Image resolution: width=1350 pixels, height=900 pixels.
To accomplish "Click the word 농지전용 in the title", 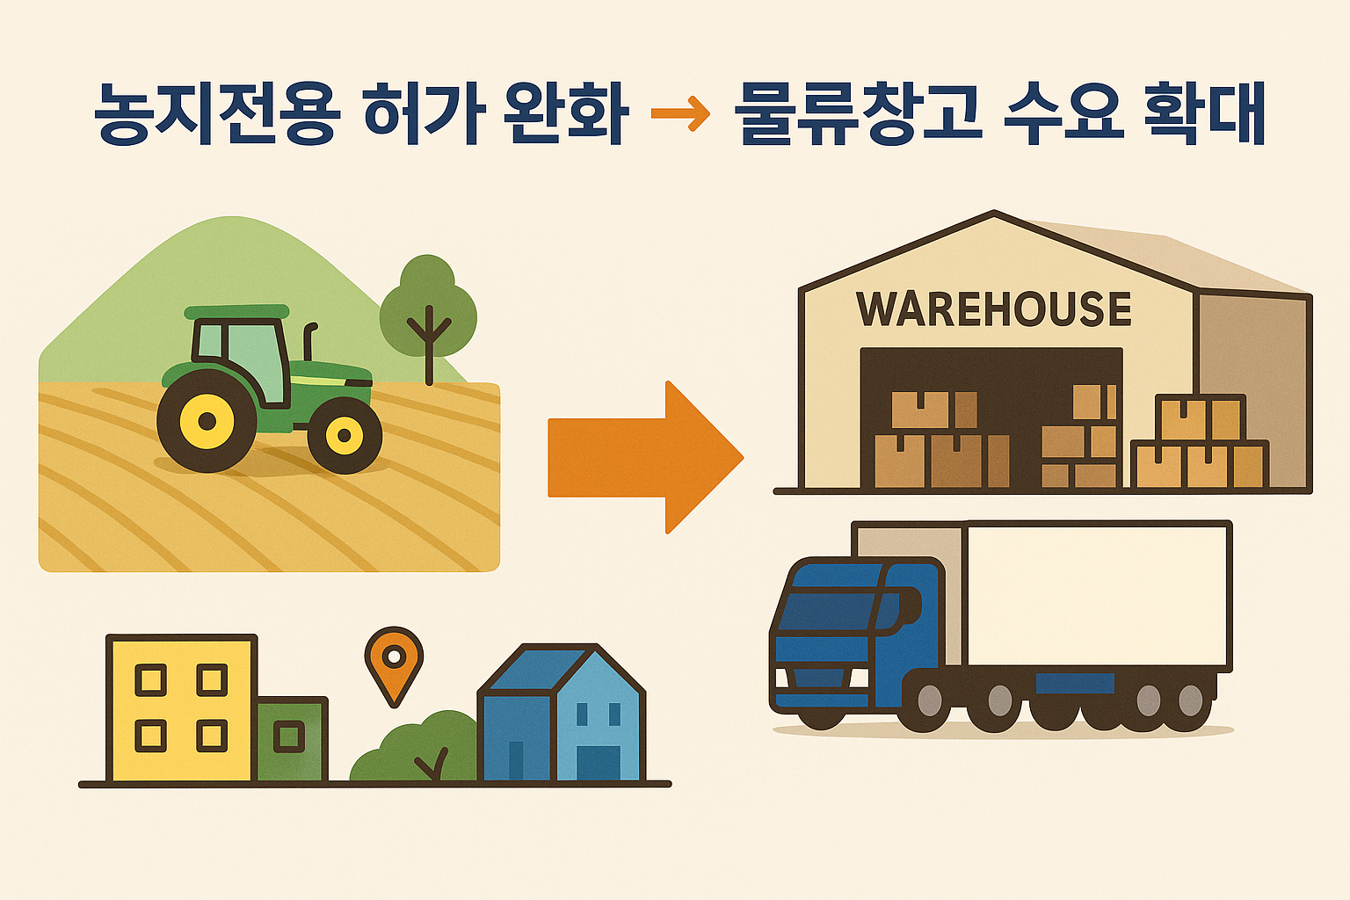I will [214, 114].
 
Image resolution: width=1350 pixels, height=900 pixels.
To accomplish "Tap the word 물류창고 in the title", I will [859, 114].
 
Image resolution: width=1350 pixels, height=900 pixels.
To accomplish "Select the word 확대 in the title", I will [1206, 114].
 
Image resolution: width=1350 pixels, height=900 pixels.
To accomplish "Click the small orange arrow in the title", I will [680, 114].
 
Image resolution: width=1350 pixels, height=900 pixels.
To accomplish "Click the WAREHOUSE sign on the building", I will [994, 309].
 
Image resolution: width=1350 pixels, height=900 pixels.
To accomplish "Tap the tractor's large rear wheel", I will [207, 421].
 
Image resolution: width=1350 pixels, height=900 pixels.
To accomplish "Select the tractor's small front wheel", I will [345, 435].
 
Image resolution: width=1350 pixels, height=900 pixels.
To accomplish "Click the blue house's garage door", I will [598, 762].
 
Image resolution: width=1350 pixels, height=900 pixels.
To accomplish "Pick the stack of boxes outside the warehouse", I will [1200, 444].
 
